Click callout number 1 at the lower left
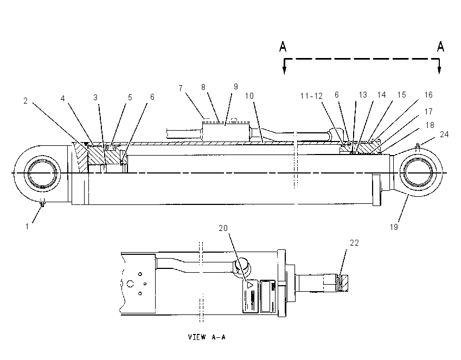[27, 227]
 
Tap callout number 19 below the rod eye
[394, 227]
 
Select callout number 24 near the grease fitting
[444, 134]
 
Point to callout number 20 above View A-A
[223, 228]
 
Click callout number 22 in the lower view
[354, 243]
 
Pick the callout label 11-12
[311, 96]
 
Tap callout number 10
[249, 96]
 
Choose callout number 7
[181, 88]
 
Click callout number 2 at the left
[25, 101]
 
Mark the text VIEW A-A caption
[207, 337]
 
